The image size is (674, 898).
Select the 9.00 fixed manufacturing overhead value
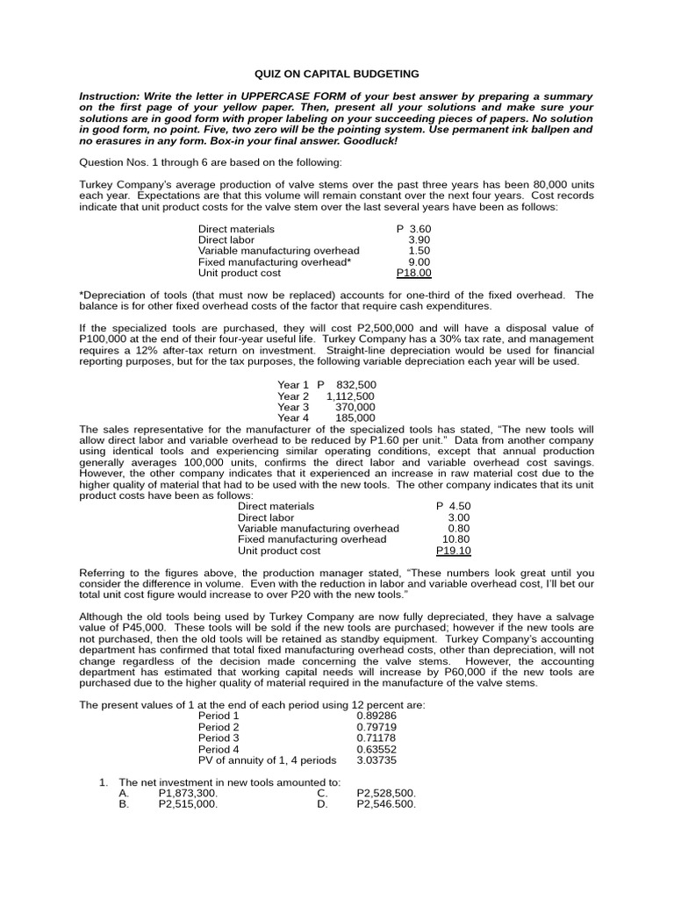coord(419,261)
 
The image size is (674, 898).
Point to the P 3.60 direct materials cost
coord(413,229)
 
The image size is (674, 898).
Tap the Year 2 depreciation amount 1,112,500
coord(350,396)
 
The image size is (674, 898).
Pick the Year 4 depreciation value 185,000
coord(355,417)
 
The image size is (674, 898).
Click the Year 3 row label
coord(293,407)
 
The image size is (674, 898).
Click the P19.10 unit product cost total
coord(454,551)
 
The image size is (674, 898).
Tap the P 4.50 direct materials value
coord(454,506)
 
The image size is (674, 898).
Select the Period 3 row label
coord(219,738)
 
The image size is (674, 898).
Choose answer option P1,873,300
coord(188,792)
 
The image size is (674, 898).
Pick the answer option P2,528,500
coord(386,792)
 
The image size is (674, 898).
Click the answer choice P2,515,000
coord(188,803)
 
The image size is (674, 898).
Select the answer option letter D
coord(322,803)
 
